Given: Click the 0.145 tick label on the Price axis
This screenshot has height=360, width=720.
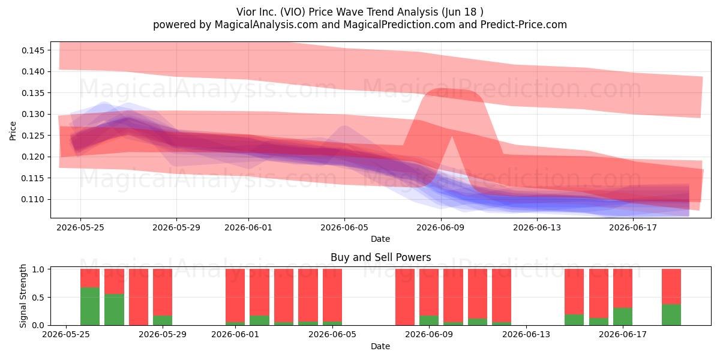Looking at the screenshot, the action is pos(33,50).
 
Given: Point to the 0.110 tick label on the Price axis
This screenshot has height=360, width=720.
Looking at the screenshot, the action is pos(33,200).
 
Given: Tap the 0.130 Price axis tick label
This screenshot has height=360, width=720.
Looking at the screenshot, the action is pos(33,115).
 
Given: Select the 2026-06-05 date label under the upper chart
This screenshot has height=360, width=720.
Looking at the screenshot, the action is pos(344,227).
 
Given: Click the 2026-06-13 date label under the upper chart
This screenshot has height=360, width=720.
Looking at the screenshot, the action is pos(537,227).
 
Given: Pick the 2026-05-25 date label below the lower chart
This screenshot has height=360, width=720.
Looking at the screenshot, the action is pos(66,335).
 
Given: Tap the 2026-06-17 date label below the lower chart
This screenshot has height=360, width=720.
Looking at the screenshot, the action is pos(623,335).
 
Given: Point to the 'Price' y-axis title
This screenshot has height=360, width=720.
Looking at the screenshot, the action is pos(13,131).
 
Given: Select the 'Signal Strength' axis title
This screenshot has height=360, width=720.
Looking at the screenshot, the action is pos(23,296).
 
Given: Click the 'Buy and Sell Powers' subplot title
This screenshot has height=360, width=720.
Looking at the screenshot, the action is pos(380,257).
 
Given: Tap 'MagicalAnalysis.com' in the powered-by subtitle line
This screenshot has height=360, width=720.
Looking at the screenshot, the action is pos(266,25).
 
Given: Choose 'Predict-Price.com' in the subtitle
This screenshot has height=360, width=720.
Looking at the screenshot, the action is pos(524,25).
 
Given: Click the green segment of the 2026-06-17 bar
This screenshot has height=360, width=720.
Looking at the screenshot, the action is pos(623,317).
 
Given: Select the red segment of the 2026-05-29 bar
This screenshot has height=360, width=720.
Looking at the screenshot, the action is pos(163,292).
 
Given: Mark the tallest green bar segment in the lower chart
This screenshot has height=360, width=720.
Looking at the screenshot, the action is pos(90,307).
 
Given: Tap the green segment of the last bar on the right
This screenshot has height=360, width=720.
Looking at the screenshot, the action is pos(671,314).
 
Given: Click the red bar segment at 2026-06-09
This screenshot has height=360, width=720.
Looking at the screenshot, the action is pos(429,292).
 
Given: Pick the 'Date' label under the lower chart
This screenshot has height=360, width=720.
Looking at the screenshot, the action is pos(380,346).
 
